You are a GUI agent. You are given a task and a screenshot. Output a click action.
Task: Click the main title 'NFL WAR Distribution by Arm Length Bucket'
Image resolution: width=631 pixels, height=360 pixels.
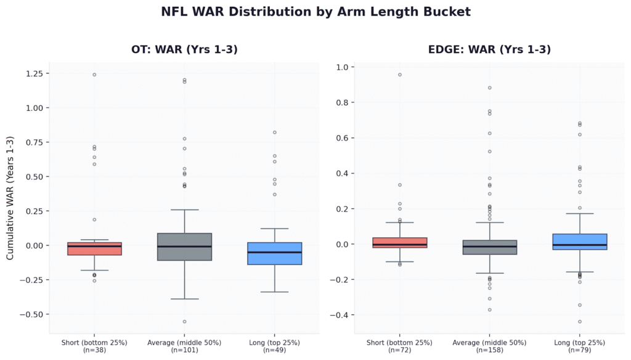click(x=315, y=12)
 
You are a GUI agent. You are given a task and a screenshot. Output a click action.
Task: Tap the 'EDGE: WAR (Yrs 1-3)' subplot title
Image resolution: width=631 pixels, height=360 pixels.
click(x=489, y=49)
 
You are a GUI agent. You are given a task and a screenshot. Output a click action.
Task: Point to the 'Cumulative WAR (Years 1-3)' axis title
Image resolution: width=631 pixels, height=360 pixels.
click(x=10, y=198)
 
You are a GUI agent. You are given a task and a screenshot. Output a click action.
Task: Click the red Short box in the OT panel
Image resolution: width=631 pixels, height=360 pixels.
click(x=94, y=248)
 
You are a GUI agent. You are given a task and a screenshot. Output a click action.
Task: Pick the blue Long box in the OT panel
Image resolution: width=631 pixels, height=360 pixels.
click(x=275, y=253)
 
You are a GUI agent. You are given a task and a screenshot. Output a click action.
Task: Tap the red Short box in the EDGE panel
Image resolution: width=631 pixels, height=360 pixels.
click(x=399, y=243)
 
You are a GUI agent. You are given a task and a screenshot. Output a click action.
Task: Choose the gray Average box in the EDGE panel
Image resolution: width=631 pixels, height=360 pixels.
click(x=489, y=247)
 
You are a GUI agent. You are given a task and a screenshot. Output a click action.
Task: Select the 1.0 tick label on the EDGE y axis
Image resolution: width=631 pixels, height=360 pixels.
click(x=341, y=67)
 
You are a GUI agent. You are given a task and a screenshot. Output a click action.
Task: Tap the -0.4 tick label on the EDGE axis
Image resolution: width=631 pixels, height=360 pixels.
click(x=339, y=316)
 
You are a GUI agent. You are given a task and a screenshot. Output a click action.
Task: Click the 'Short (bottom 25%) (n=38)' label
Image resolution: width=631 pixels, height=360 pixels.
click(x=94, y=345)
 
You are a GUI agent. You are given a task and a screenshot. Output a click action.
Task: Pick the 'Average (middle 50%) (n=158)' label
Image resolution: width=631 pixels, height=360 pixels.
click(x=489, y=345)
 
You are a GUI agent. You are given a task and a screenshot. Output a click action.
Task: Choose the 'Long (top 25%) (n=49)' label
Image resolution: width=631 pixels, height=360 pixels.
click(x=275, y=345)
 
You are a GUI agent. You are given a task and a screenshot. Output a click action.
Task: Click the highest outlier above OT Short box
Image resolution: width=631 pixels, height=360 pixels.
click(x=94, y=75)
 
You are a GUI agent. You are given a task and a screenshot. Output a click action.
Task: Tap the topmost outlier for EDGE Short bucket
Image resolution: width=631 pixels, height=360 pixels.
click(x=399, y=75)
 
